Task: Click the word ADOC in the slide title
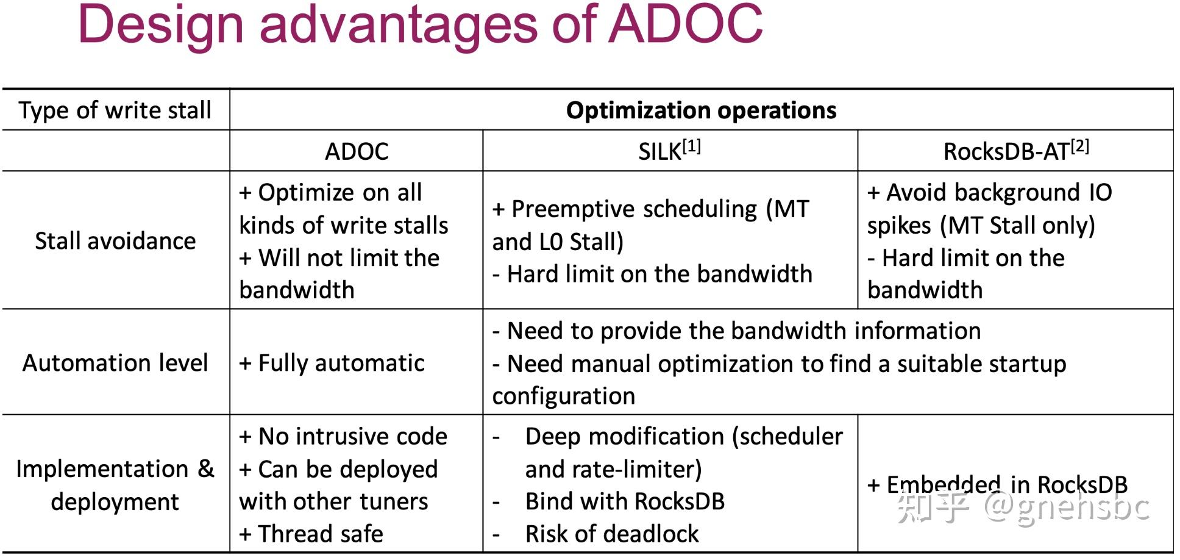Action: point(686,24)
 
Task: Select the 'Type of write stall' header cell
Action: point(115,110)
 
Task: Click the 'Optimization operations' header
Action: point(701,110)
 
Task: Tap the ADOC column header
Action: point(357,151)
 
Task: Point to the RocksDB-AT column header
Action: point(1006,151)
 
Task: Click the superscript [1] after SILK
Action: point(692,146)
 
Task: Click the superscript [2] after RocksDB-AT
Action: point(1079,146)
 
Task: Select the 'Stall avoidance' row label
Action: point(115,241)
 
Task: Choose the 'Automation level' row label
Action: point(115,363)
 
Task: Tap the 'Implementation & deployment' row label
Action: point(115,485)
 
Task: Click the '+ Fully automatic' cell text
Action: point(332,363)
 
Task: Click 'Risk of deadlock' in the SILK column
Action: point(611,534)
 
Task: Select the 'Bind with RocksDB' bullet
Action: point(625,501)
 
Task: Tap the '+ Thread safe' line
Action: point(311,534)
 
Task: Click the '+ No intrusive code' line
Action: point(343,437)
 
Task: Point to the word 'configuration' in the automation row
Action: point(564,397)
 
